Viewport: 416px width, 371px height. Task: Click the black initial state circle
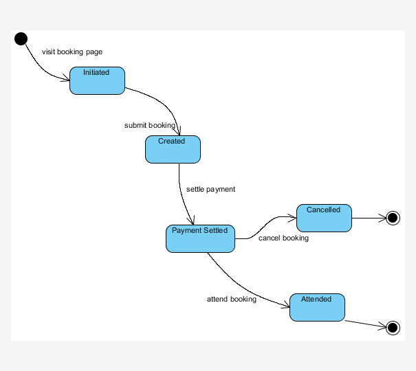[x=21, y=38]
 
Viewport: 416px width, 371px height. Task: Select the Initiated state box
[x=97, y=80]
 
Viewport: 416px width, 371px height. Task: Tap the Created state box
[x=173, y=149]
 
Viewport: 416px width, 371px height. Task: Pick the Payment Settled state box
[x=200, y=238]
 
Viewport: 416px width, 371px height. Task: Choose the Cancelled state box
[x=324, y=218]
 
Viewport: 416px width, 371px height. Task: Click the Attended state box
[x=317, y=307]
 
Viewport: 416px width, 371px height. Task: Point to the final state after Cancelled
[x=393, y=218]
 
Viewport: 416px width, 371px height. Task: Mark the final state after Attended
[x=393, y=328]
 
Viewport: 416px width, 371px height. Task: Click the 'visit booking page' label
[x=72, y=52]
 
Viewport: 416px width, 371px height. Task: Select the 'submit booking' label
[x=150, y=125]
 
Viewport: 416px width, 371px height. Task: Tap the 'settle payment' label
[x=211, y=189]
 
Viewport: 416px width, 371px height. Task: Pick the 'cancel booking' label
[x=283, y=238]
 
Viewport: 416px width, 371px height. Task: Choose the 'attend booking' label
[x=232, y=299]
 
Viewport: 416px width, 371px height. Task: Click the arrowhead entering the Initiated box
[x=66, y=80]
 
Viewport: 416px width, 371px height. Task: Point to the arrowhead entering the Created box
[x=179, y=131]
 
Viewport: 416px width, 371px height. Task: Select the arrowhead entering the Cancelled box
[x=292, y=218]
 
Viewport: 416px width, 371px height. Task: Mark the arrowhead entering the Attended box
[x=285, y=307]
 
